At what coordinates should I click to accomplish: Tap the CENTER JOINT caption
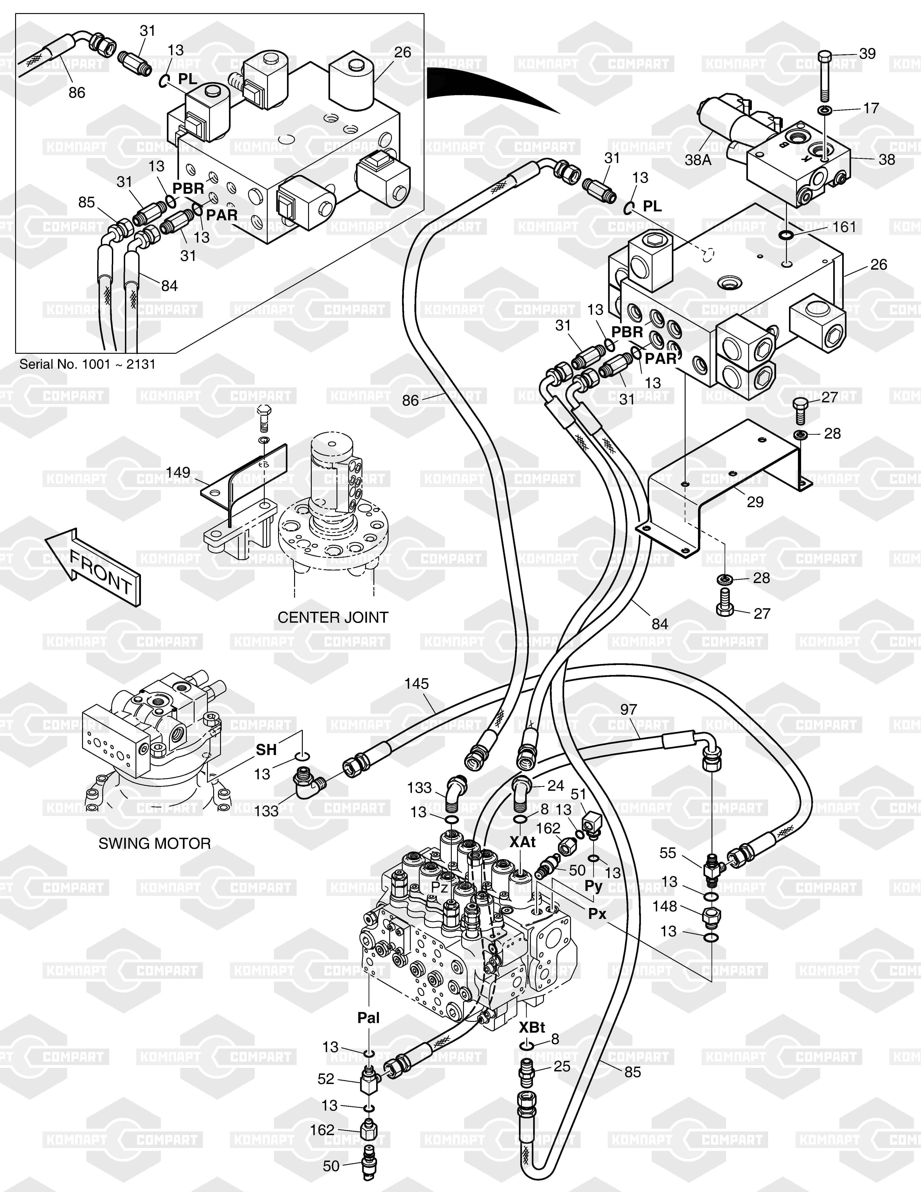coord(333,617)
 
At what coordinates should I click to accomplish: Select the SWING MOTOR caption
coord(154,843)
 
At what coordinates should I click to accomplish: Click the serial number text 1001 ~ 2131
coord(87,364)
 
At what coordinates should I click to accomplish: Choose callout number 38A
coord(698,160)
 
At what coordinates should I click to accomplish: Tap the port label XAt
coord(523,842)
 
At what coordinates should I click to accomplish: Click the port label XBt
coord(532,1027)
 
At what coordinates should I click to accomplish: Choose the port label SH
coord(266,750)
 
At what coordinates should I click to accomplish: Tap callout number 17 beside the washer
coord(871,108)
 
